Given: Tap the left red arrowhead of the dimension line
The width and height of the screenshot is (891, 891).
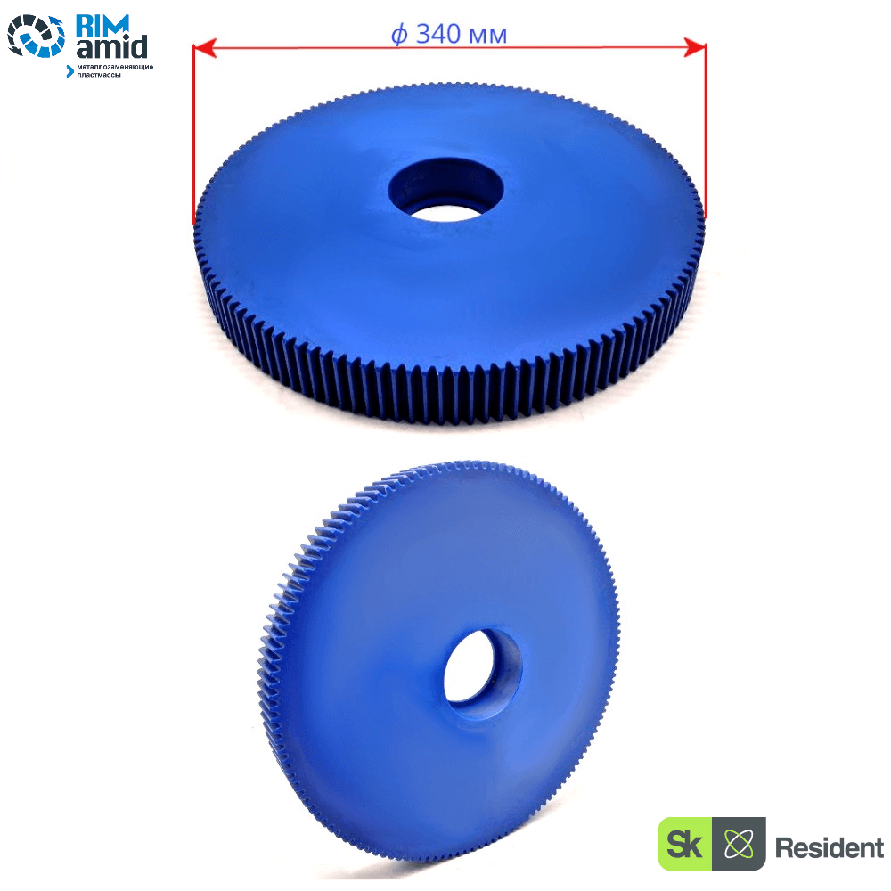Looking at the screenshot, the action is click(205, 48).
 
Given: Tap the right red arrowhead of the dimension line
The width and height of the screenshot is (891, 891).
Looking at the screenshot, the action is click(694, 48).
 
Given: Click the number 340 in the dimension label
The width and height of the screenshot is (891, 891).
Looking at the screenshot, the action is click(438, 34).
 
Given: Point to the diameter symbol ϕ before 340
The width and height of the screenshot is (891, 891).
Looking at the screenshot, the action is click(399, 35).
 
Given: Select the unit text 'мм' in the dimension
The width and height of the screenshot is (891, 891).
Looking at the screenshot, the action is click(488, 37).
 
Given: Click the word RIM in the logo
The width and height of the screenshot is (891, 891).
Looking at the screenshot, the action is click(102, 25).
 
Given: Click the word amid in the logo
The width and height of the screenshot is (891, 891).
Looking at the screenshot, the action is click(112, 47).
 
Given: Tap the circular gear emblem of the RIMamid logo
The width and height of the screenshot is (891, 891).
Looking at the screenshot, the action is click(37, 37).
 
